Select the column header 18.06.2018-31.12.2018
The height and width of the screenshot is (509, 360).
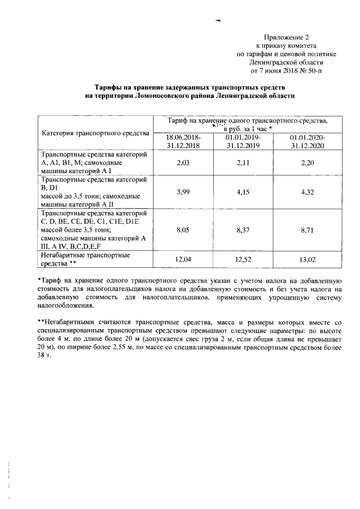(x=183, y=141)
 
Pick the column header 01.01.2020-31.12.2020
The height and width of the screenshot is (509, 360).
(x=308, y=141)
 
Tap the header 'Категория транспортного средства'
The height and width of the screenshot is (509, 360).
(x=95, y=133)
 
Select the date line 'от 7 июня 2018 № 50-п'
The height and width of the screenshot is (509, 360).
(x=287, y=71)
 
